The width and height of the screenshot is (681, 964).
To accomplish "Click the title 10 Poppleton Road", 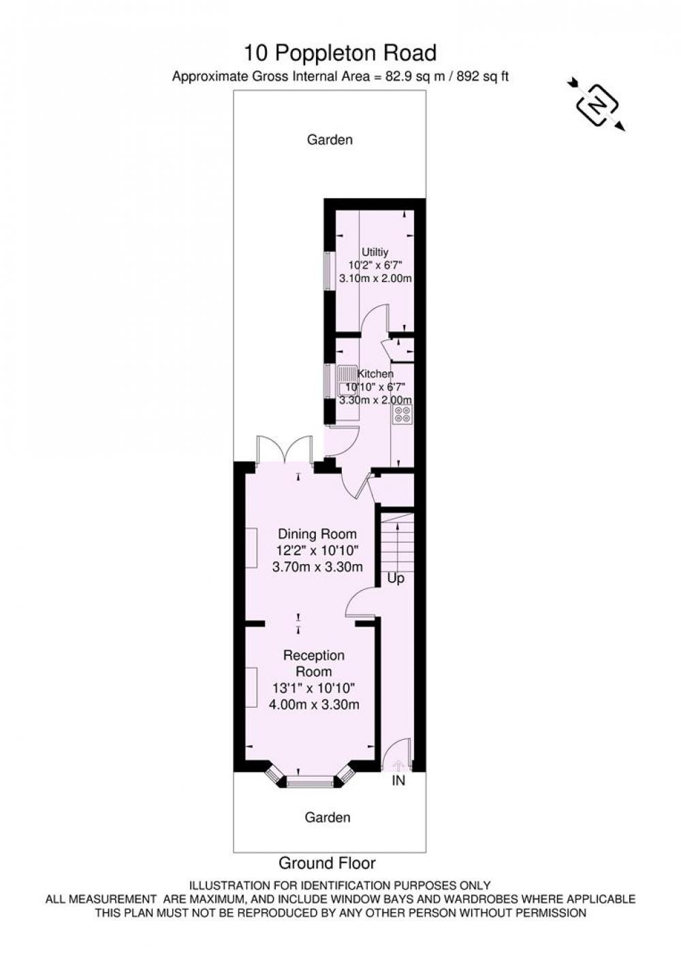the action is (x=340, y=53).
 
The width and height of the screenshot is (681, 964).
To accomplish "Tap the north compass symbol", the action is (x=597, y=105).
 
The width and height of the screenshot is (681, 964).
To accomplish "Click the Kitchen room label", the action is (x=375, y=373).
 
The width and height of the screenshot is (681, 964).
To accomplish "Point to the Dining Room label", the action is (x=317, y=534).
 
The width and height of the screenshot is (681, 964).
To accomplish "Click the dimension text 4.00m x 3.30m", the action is (x=314, y=704).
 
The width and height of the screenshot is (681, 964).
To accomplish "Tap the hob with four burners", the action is (x=402, y=414).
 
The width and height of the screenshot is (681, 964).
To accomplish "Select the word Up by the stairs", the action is (x=396, y=578).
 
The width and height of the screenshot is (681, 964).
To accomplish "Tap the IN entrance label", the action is (x=398, y=780).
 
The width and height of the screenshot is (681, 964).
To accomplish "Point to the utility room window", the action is (x=329, y=270).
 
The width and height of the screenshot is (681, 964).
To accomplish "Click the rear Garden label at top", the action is (x=330, y=140).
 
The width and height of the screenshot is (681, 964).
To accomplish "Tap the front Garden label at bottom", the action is (x=328, y=818).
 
